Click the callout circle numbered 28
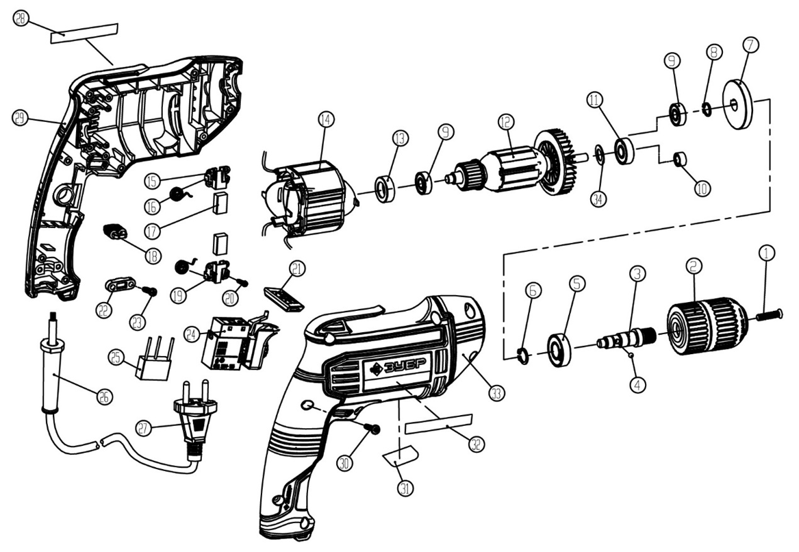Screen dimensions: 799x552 pos(21,19)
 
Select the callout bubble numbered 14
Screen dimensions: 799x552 pos(326,120)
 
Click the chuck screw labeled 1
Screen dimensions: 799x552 pos(768,314)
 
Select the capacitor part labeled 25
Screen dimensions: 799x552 pos(153,359)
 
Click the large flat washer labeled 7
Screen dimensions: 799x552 pos(738,104)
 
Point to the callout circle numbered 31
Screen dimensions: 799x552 pos(405,488)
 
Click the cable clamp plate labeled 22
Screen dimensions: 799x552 pos(121,285)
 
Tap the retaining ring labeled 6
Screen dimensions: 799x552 pos(522,355)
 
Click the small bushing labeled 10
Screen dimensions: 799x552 pos(680,159)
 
